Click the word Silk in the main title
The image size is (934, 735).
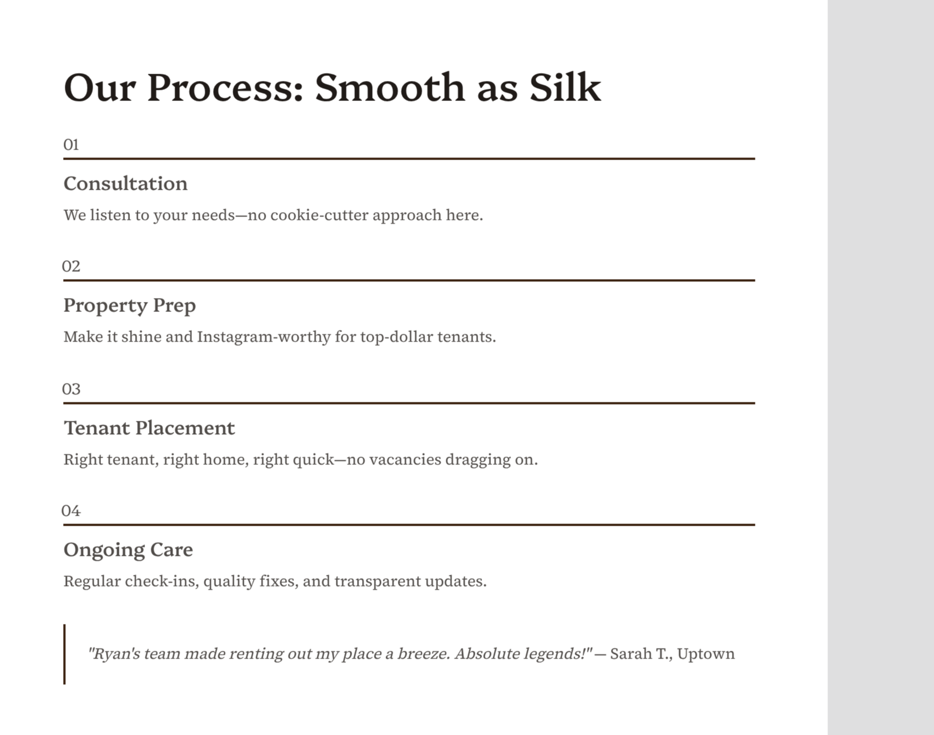coord(565,88)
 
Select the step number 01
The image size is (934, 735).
coord(71,145)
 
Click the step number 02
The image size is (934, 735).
coord(71,266)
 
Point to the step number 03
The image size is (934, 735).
coord(71,389)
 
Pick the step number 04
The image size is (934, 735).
coord(71,511)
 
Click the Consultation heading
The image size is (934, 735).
coord(126,184)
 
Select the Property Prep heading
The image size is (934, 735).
coord(129,305)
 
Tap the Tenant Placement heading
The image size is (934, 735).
coord(149,428)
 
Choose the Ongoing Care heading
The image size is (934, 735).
coord(128,550)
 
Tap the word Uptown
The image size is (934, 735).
coord(706,654)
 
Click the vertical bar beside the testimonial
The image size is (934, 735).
coord(65,654)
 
